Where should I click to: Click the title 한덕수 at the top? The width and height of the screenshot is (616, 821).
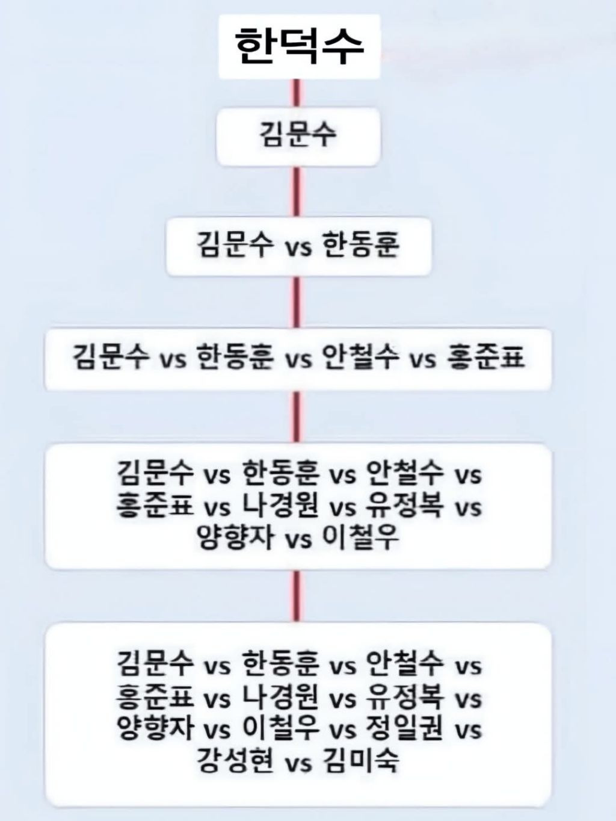(298, 47)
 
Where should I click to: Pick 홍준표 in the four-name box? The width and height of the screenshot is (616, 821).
(486, 356)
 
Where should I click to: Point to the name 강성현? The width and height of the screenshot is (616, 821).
(235, 760)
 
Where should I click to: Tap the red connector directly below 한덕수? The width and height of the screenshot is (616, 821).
(296, 93)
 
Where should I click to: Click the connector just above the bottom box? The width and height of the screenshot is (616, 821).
(296, 596)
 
